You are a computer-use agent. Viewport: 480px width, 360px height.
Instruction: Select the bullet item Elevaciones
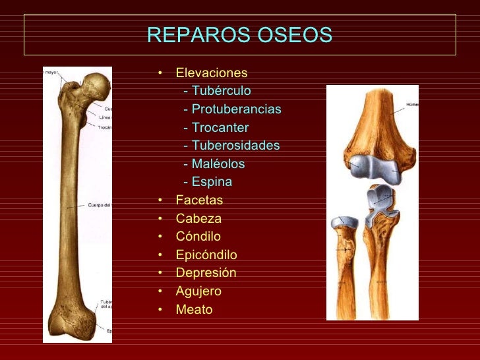212,73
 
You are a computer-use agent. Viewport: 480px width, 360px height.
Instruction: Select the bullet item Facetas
199,200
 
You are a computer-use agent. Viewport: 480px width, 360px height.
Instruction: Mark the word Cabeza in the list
198,218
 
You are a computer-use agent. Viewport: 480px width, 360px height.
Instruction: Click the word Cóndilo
198,236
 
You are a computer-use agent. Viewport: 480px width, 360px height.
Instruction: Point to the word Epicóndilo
206,255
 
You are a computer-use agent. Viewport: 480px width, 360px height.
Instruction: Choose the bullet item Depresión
206,272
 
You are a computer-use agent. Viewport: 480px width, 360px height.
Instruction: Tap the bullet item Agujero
198,291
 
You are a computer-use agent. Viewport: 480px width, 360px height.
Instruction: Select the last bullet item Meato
194,309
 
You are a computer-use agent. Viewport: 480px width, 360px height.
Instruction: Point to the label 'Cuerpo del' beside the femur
100,205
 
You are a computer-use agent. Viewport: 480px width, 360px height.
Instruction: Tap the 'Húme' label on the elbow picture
411,104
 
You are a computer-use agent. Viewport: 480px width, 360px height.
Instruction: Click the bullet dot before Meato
161,309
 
